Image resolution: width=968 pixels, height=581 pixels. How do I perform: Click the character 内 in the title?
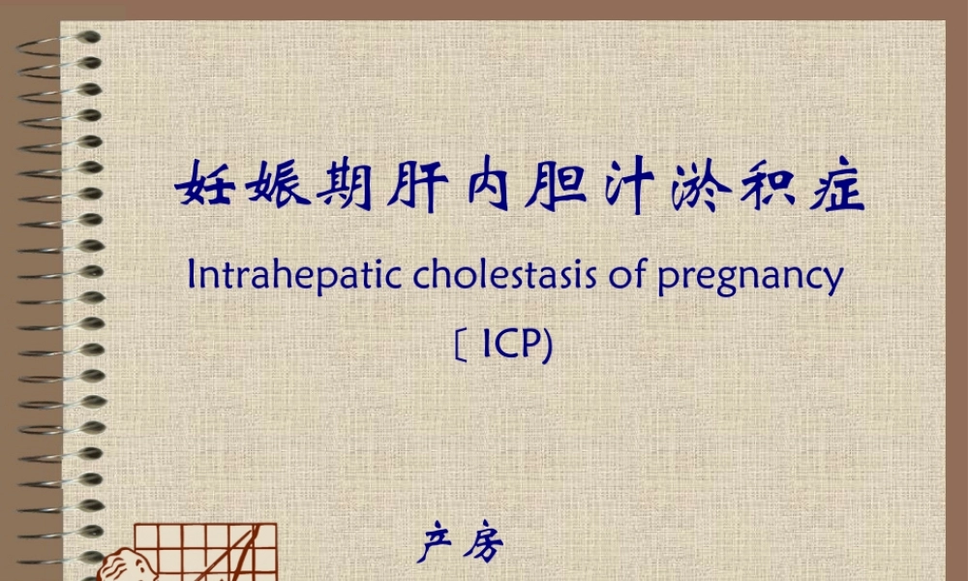[x=489, y=186]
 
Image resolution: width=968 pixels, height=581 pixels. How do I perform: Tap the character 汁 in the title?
[x=626, y=186]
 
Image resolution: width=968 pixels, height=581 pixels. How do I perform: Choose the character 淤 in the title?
[x=696, y=186]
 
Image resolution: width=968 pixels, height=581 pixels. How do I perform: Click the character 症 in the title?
[x=835, y=186]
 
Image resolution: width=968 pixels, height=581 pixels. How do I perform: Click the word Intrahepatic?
[x=295, y=277]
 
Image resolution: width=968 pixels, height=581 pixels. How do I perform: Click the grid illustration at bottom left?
[x=203, y=552]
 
